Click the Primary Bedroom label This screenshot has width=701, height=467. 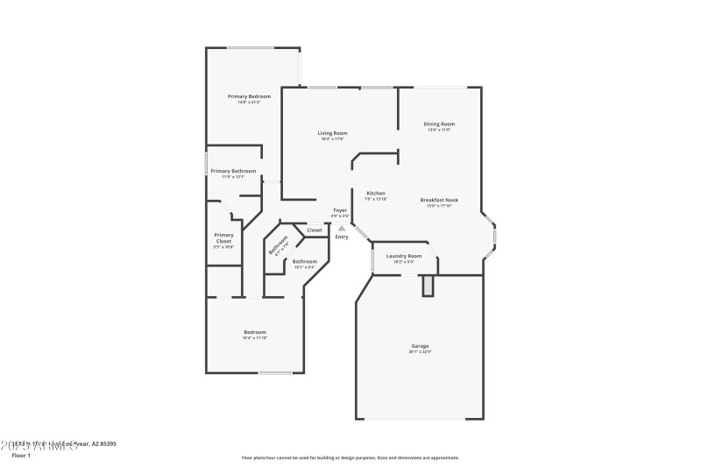249,96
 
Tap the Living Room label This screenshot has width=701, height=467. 332,132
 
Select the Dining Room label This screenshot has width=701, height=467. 439,124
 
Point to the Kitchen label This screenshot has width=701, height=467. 376,193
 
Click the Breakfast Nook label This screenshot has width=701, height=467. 439,199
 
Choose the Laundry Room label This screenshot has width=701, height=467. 404,256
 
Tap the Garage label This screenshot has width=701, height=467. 420,345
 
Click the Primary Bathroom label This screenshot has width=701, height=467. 233,171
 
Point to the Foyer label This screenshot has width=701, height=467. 340,210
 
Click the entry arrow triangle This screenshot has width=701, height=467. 342,228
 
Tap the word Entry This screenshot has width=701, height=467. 342,237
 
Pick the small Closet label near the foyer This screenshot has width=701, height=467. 314,230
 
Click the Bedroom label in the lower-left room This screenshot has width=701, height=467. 254,332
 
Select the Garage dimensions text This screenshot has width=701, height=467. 420,352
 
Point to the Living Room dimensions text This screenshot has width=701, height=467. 332,138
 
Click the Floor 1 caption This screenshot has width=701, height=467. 21,456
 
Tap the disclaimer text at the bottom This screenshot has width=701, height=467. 350,457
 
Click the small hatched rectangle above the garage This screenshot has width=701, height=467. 428,287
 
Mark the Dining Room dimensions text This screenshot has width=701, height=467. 439,130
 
